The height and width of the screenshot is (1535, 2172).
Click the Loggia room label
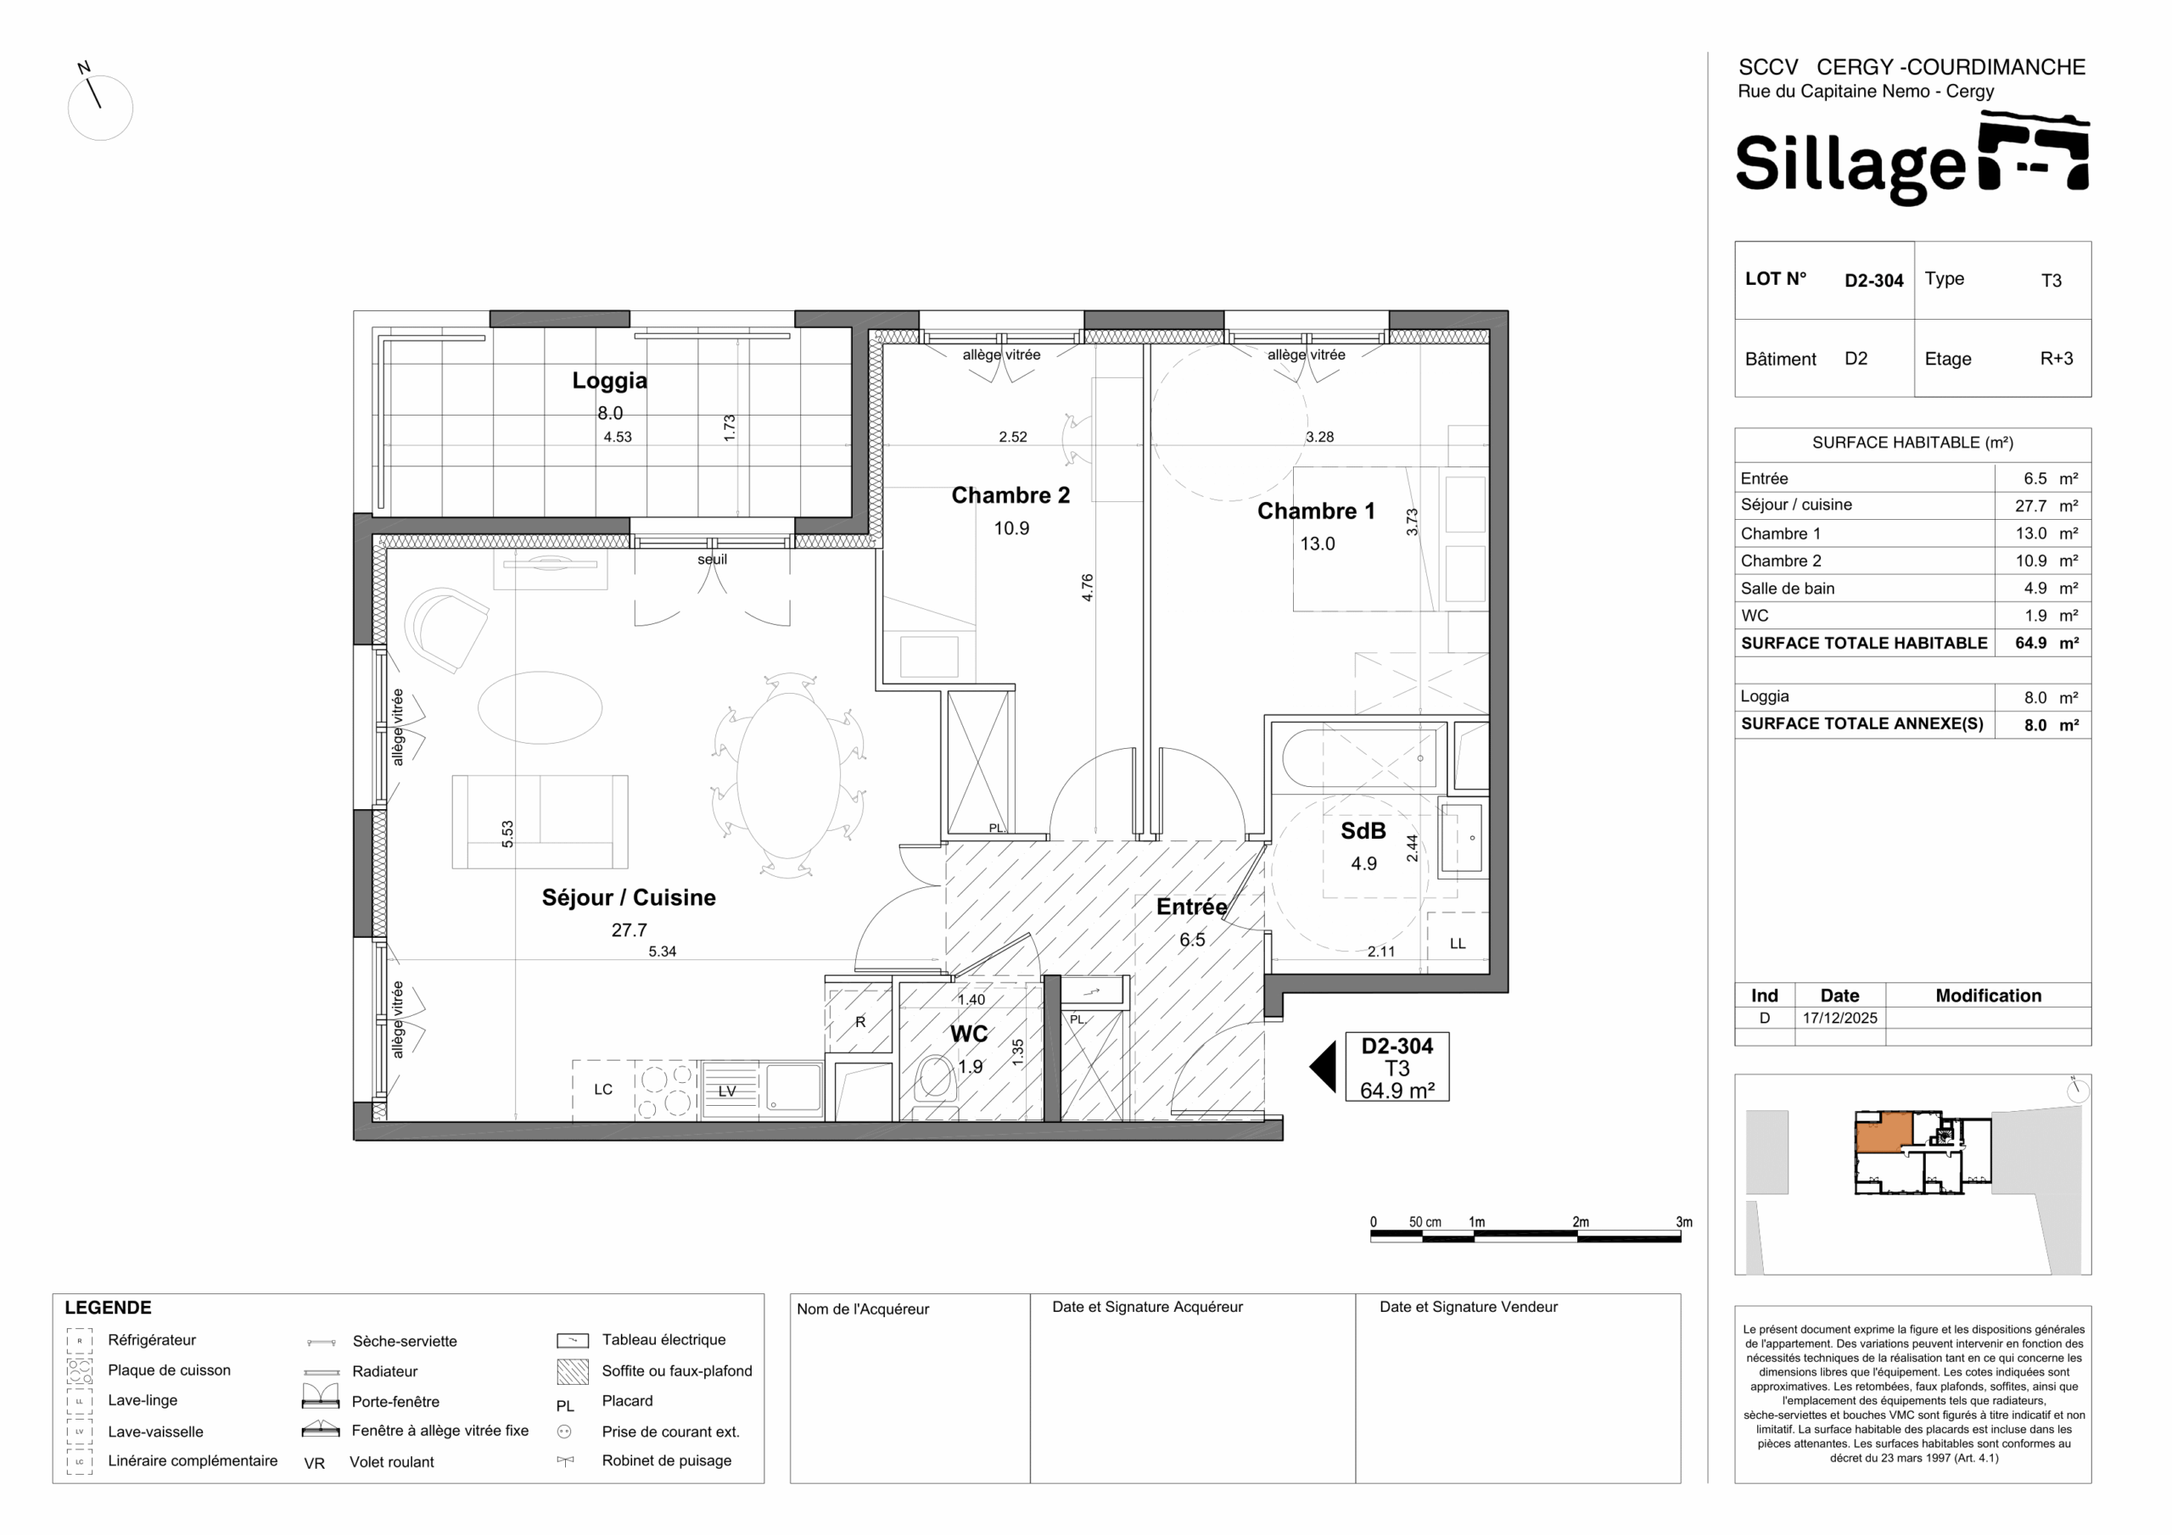coord(609,381)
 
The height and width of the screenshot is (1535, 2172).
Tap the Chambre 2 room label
coord(1010,495)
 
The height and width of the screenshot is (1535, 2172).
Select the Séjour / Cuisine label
coord(628,897)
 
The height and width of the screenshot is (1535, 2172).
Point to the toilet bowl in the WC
coord(936,1079)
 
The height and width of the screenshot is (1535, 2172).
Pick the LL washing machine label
coord(1457,944)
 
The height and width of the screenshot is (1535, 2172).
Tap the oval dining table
coord(788,775)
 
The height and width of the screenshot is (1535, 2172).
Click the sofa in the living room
coord(540,822)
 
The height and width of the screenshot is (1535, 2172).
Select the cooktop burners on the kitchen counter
coord(666,1091)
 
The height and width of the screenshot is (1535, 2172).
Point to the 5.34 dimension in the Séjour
coord(662,952)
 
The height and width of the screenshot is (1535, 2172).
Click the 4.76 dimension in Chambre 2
coord(1088,588)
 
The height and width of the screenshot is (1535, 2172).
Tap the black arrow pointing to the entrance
coord(1323,1066)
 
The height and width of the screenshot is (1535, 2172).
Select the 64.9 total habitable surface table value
coord(2030,643)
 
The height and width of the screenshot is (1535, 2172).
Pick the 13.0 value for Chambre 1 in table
coord(2031,533)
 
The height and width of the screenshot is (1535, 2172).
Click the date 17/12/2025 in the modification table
coord(1840,1019)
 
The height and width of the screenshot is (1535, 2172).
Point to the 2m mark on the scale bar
coord(1581,1222)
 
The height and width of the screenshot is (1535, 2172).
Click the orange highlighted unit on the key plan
coord(1884,1132)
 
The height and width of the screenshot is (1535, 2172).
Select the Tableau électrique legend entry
coord(664,1340)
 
